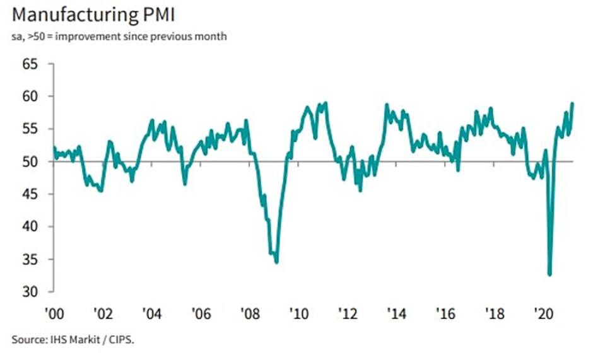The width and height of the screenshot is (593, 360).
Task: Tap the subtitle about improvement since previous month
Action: (119, 36)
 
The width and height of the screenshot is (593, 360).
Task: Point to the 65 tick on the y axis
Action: (30, 64)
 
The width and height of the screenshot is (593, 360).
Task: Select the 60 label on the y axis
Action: (30, 96)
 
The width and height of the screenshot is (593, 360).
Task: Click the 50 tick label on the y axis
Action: (30, 161)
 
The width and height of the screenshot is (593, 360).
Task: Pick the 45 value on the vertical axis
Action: (30, 194)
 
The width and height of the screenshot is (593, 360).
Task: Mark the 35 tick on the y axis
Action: (30, 259)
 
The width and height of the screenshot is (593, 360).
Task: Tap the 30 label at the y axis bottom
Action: (30, 292)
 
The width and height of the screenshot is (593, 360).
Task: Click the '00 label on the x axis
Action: (54, 313)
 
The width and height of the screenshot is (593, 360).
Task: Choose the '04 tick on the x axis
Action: (151, 313)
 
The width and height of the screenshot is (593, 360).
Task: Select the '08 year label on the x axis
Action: (249, 313)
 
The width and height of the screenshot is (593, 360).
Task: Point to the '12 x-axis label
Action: (346, 313)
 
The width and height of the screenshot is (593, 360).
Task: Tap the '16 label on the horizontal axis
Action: (443, 313)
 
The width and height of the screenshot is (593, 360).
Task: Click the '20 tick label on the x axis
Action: (541, 313)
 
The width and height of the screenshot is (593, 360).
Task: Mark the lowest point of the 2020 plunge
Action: (550, 274)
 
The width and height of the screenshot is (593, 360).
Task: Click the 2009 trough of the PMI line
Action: (276, 262)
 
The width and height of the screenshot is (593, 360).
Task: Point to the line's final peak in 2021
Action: (572, 103)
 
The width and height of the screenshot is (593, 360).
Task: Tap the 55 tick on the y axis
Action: (30, 129)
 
